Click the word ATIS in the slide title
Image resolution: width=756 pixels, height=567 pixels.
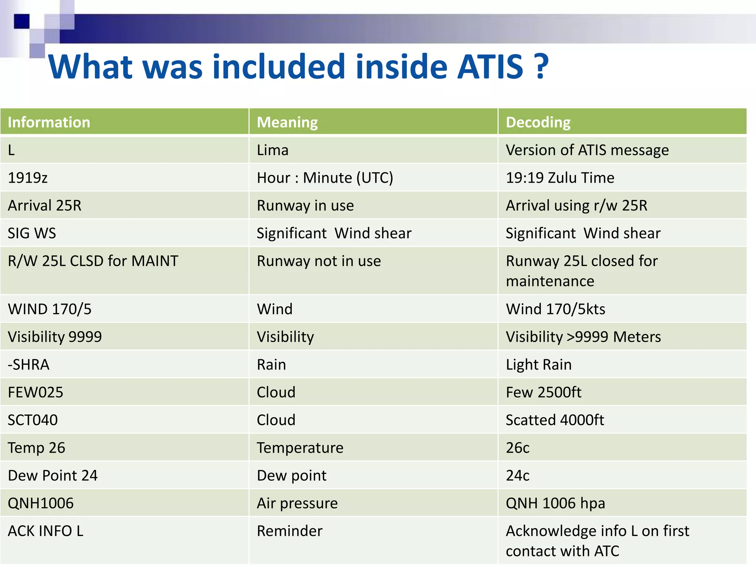coord(490,67)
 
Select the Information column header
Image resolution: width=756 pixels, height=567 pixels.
coord(49,122)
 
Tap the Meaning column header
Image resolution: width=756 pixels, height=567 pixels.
coord(287,122)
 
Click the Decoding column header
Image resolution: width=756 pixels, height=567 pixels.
coord(538,122)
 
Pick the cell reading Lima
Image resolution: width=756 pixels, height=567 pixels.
coord(272,150)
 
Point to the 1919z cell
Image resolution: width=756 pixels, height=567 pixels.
coord(28,178)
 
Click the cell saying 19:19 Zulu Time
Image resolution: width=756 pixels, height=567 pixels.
coord(560,178)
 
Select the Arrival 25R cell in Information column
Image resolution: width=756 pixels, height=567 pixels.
coord(45,206)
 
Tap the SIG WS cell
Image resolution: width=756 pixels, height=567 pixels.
coord(32,233)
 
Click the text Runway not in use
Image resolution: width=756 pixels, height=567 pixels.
coord(319,261)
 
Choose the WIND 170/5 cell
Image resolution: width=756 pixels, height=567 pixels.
coord(49,309)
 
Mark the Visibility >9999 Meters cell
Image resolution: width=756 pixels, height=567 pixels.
coord(583,337)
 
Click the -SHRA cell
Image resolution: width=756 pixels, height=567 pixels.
coord(28,365)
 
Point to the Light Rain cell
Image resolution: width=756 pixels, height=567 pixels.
coord(538,365)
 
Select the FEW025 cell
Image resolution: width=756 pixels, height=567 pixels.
coord(35,392)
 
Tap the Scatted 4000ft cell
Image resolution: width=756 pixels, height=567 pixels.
coord(554,420)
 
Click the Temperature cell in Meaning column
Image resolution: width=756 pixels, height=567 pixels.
coord(300,448)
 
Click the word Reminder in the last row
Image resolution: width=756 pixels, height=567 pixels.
coord(289,531)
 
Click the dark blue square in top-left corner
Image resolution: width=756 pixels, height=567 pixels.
coord(21,21)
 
